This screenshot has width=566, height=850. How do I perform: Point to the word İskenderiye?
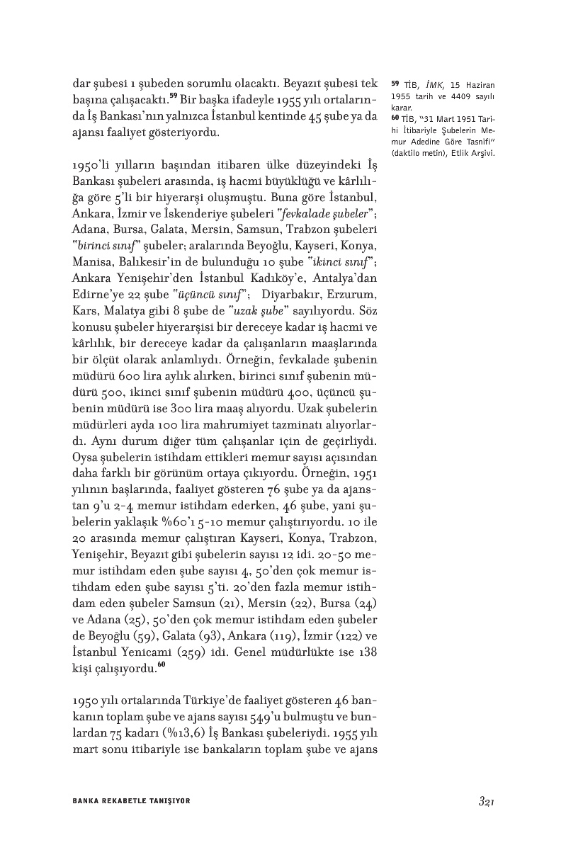point(198,214)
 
